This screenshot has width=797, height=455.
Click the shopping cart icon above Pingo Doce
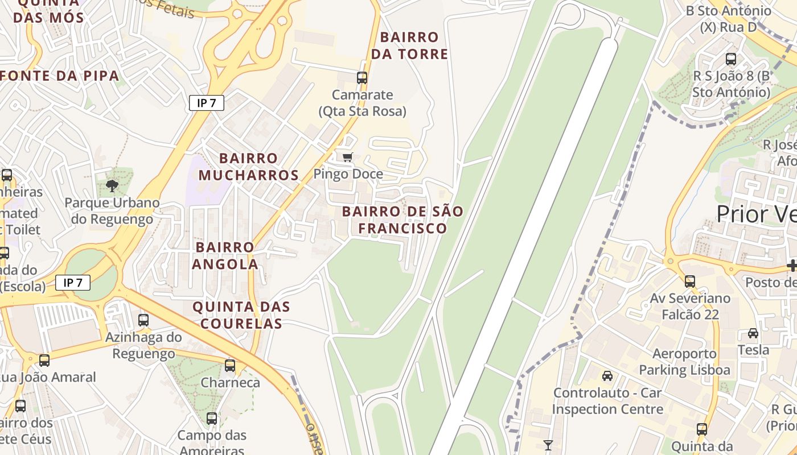point(347,157)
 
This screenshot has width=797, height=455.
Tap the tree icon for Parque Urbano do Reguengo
point(112,185)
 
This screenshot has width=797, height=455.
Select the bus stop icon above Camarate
point(361,77)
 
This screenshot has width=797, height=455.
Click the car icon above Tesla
point(753,333)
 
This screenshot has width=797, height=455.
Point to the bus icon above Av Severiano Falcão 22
point(690,281)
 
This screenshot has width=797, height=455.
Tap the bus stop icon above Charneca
point(230,366)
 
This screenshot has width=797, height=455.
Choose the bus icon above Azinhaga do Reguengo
point(143,320)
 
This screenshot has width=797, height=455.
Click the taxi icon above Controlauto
point(607,376)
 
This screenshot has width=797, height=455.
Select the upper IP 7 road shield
point(207,103)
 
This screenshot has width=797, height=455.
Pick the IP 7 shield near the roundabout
point(73,282)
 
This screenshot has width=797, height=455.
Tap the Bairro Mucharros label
point(249,167)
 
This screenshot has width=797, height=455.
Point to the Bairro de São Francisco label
point(402,220)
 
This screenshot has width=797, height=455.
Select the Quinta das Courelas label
point(241,315)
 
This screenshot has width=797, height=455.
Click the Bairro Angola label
point(225,255)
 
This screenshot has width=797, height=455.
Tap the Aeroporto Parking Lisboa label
point(684,362)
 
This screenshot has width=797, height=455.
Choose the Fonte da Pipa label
point(60,76)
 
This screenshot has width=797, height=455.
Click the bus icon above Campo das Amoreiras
point(212,419)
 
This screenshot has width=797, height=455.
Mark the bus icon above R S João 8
point(731,59)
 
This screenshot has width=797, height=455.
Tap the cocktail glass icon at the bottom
point(548,445)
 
